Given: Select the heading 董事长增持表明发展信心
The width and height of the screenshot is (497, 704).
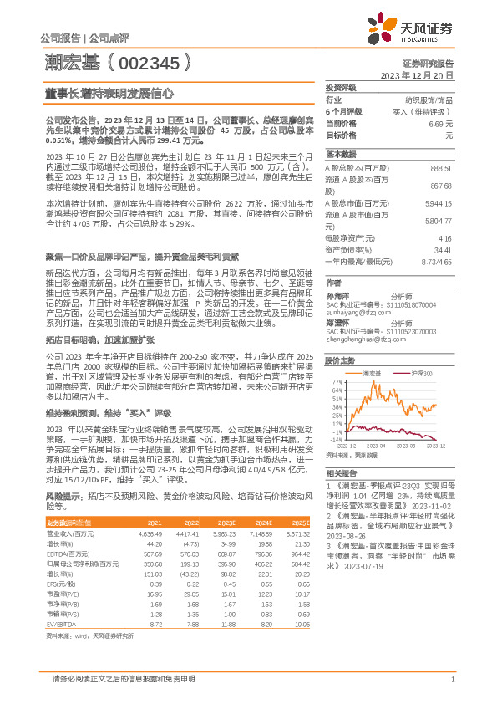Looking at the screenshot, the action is pos(108,95).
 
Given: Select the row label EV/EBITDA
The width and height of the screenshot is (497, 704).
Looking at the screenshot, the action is pos(59,624).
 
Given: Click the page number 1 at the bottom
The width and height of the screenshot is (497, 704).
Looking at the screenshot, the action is pos(452,680).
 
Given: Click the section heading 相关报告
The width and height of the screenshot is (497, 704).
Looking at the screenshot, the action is pos(341,473).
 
